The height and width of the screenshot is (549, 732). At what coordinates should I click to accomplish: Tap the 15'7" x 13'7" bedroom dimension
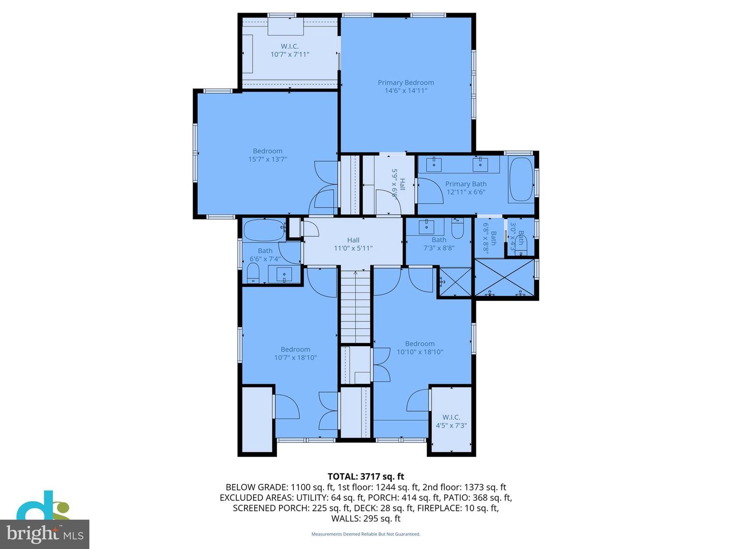[267, 159]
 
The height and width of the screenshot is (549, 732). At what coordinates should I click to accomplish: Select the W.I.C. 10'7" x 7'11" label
[289, 50]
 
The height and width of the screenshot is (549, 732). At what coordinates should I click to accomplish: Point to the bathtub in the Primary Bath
[521, 179]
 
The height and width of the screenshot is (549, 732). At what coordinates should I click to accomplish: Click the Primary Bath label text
[466, 184]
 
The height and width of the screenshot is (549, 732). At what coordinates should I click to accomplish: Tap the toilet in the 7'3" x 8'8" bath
[457, 230]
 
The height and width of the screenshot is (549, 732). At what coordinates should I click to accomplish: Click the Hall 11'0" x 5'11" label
[353, 244]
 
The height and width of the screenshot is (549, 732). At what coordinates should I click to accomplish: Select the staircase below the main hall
[355, 307]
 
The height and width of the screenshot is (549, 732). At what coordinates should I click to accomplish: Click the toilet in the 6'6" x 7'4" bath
[253, 273]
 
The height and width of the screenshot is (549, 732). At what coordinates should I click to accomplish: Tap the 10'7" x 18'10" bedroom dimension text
[295, 357]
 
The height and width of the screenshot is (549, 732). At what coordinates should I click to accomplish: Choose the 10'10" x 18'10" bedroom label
[419, 348]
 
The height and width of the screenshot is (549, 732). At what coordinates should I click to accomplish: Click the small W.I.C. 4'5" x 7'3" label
[451, 421]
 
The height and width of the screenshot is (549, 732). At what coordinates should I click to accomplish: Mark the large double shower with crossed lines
[505, 278]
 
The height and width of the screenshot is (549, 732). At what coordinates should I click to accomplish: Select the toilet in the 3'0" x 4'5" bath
[524, 247]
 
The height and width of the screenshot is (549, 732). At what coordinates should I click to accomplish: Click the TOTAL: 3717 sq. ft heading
[365, 476]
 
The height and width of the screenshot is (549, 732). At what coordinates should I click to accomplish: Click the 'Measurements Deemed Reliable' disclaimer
[365, 534]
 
